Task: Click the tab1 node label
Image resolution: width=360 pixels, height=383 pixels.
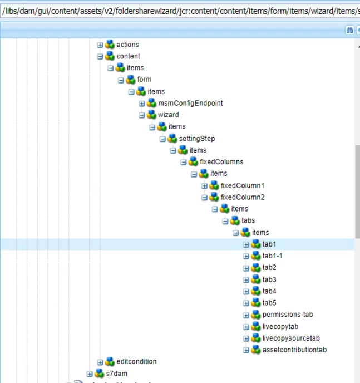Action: tap(269, 244)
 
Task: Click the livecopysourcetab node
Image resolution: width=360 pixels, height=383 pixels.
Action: tap(291, 338)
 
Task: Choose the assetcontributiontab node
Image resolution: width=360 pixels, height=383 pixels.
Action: tap(294, 350)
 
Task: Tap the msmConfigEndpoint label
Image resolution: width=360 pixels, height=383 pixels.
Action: tap(190, 104)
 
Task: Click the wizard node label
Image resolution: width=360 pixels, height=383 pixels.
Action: tap(169, 115)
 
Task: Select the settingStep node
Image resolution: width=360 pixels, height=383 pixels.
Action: tap(196, 139)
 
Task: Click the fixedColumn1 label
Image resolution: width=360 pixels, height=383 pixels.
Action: tap(243, 185)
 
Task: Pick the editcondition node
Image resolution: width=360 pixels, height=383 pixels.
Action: tap(136, 362)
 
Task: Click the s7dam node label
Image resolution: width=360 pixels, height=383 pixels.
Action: tap(117, 374)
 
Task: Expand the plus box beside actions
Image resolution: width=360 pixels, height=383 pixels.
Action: tap(101, 45)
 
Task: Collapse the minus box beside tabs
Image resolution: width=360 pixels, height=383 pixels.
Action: tap(225, 221)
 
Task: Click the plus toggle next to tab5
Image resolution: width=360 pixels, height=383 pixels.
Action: tap(246, 303)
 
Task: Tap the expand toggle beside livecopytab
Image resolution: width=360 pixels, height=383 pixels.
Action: tap(246, 327)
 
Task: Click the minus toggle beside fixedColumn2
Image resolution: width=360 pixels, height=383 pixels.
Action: tap(204, 197)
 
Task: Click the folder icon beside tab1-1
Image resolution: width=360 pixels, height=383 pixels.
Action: tap(256, 256)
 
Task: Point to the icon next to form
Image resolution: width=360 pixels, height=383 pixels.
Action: tap(131, 80)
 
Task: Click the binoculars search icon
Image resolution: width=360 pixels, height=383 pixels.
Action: tap(350, 30)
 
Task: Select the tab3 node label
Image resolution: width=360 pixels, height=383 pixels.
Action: tap(269, 279)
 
